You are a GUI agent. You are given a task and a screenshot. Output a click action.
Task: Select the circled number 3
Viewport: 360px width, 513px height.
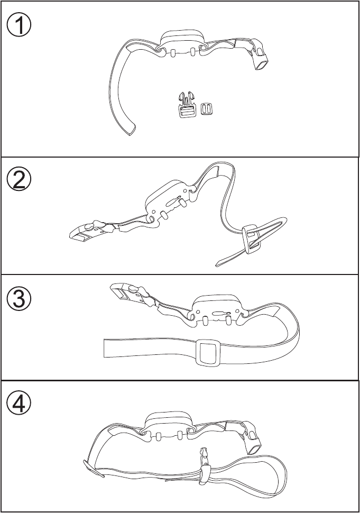20,299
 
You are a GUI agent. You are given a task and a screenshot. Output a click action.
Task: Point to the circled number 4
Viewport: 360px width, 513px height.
20,405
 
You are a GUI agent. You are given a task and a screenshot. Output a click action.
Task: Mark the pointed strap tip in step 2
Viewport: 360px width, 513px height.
218,263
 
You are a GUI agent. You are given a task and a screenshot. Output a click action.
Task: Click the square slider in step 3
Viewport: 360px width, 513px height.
207,352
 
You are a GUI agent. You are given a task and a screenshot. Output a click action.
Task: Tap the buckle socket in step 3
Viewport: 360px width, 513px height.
122,292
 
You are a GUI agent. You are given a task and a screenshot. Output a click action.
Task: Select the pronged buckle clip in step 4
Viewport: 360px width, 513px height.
204,460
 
